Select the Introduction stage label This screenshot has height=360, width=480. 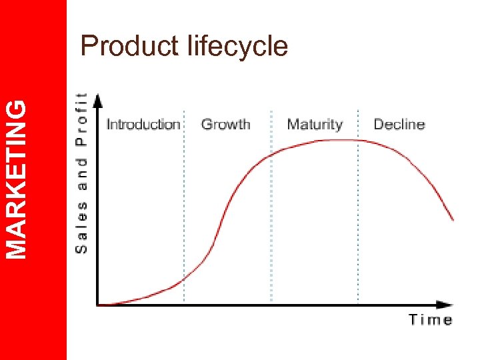[143, 124]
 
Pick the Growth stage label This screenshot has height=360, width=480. [225, 124]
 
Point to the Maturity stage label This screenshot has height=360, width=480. [315, 124]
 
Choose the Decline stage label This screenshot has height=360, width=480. [399, 124]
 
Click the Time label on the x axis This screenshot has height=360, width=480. [431, 320]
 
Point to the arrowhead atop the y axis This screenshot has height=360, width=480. [97, 100]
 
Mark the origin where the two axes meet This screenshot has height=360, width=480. [98, 305]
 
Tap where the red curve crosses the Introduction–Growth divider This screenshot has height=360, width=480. [184, 279]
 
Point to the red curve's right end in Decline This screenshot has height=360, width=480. [453, 219]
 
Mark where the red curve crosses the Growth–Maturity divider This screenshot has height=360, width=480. [271, 155]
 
